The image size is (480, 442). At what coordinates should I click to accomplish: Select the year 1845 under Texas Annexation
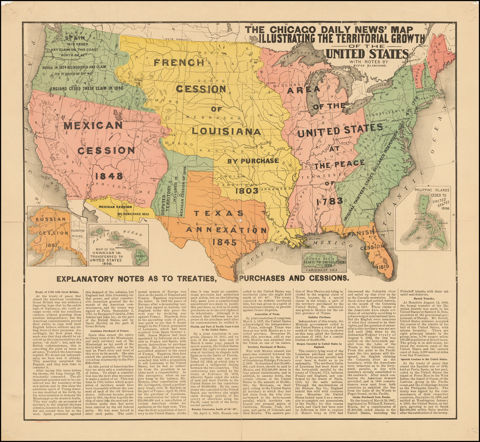coord(224,242)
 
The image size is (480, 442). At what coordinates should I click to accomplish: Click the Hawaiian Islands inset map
coord(119,245)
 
